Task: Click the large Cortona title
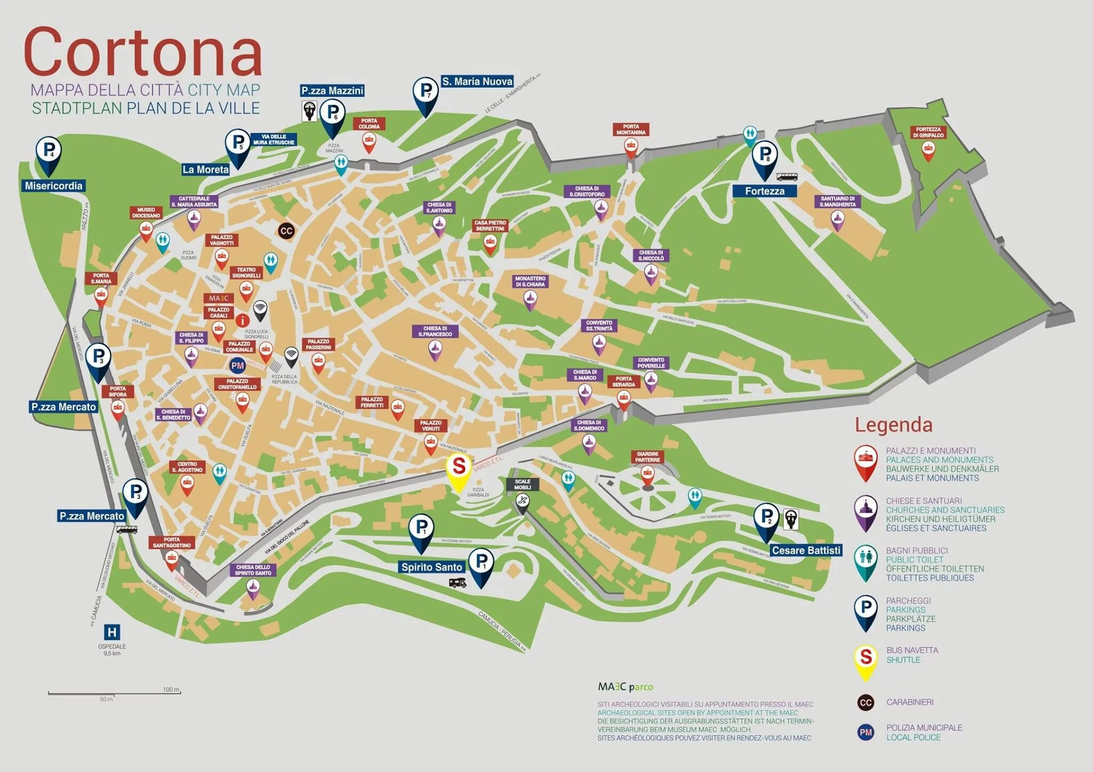click(142, 52)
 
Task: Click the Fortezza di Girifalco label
click(928, 132)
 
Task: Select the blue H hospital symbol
click(112, 633)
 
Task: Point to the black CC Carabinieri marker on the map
click(286, 231)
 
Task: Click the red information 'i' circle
click(242, 321)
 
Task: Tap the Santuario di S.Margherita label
click(837, 202)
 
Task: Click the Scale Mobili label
click(522, 484)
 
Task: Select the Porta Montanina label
click(631, 130)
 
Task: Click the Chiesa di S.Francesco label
click(435, 331)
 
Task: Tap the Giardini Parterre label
click(647, 457)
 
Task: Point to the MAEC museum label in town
click(218, 298)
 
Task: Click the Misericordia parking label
click(53, 186)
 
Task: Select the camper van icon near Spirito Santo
click(457, 583)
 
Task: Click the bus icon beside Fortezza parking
click(787, 177)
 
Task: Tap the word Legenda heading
click(893, 425)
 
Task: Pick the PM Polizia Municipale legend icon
click(866, 732)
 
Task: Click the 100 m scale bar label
click(171, 689)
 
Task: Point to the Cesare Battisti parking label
click(806, 550)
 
